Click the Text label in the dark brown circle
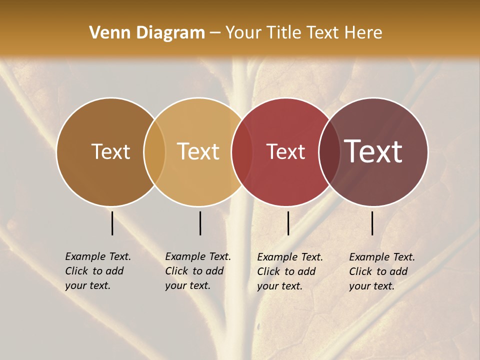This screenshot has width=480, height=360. (110, 152)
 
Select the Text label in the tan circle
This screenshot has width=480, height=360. (198, 152)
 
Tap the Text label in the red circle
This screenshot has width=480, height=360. (286, 152)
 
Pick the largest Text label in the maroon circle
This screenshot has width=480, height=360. (373, 151)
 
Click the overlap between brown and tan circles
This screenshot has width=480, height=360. (154, 152)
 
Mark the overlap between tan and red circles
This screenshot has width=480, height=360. (242, 152)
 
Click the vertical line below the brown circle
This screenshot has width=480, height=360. (112, 223)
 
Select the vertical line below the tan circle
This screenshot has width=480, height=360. (200, 223)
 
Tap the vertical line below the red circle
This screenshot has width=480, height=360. (288, 223)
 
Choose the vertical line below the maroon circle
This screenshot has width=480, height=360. (372, 223)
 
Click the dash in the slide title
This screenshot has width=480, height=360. (215, 33)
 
